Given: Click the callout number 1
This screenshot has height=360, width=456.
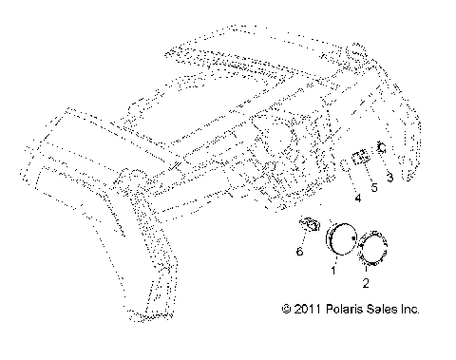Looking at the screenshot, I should (x=332, y=270).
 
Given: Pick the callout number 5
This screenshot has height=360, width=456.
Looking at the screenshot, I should (x=373, y=188).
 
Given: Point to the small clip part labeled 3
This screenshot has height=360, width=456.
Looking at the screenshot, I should (x=381, y=146).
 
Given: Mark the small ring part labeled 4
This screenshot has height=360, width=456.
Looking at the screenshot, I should (x=341, y=167).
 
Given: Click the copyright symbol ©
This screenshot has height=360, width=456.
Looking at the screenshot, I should (x=287, y=310).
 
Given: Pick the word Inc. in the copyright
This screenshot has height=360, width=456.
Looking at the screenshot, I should (x=413, y=310).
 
